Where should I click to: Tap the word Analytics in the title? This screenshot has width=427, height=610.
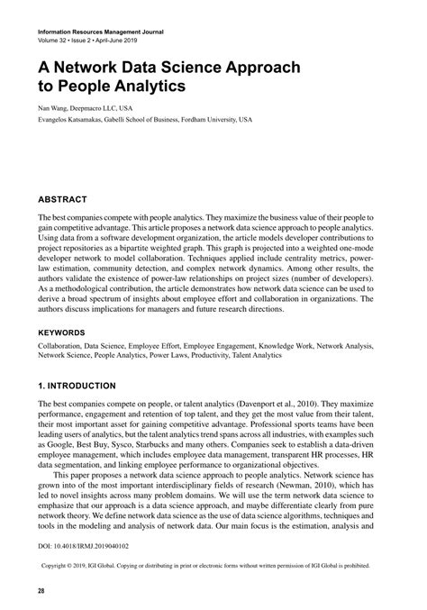(x=147, y=87)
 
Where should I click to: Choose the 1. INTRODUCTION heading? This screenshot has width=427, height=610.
(x=77, y=386)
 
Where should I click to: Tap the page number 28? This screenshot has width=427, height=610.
(x=41, y=590)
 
